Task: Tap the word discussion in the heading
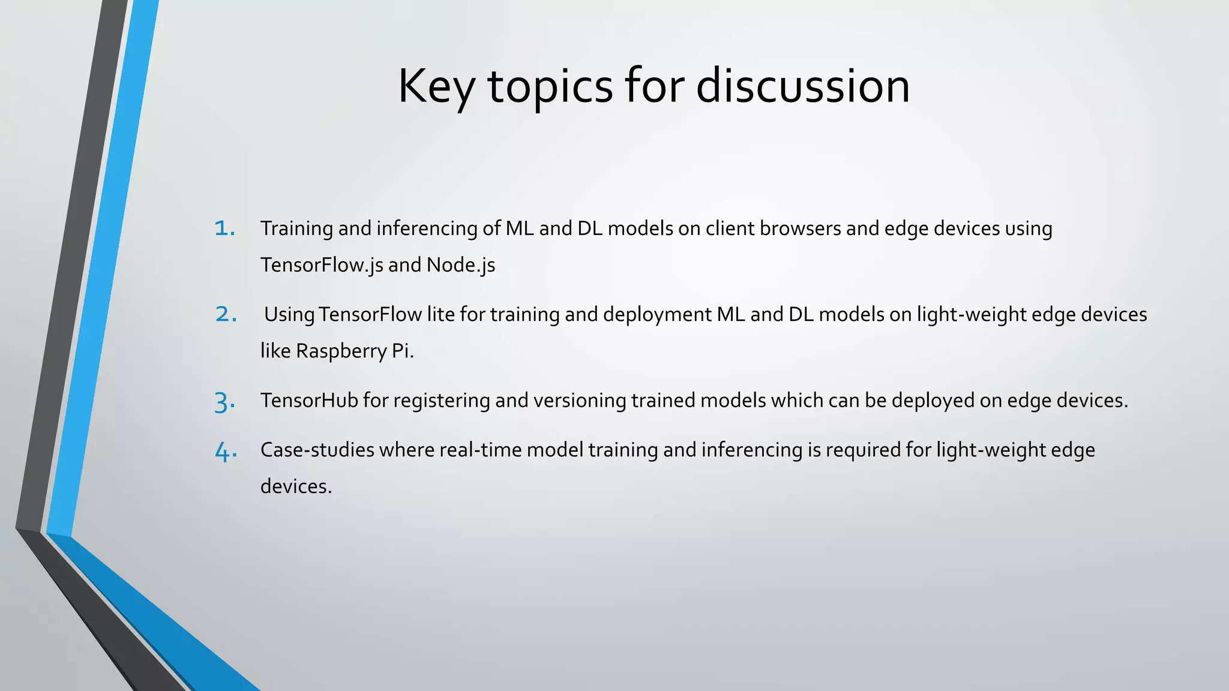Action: pos(802,86)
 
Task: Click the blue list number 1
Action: pos(224,229)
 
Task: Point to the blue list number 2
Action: pos(226,314)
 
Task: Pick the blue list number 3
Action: pos(224,401)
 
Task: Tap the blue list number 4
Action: pos(226,451)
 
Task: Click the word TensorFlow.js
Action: pos(321,265)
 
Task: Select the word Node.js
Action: pos(460,265)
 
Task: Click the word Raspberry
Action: pos(341,351)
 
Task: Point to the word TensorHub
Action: pos(308,400)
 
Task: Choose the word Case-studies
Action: pos(317,450)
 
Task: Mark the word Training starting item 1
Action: pos(296,229)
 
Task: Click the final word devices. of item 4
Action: pos(296,486)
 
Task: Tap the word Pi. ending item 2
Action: pos(403,351)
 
